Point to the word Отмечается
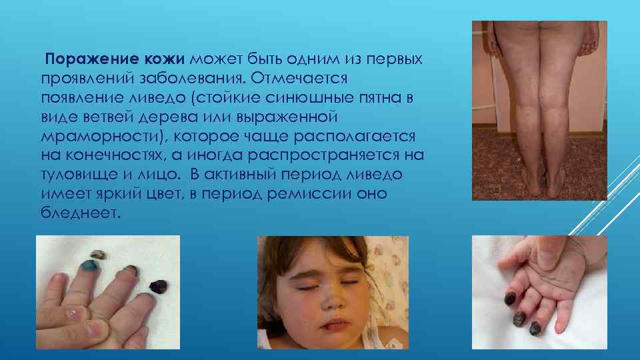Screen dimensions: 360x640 tap(300, 79)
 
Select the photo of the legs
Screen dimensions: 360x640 tap(539, 110)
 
